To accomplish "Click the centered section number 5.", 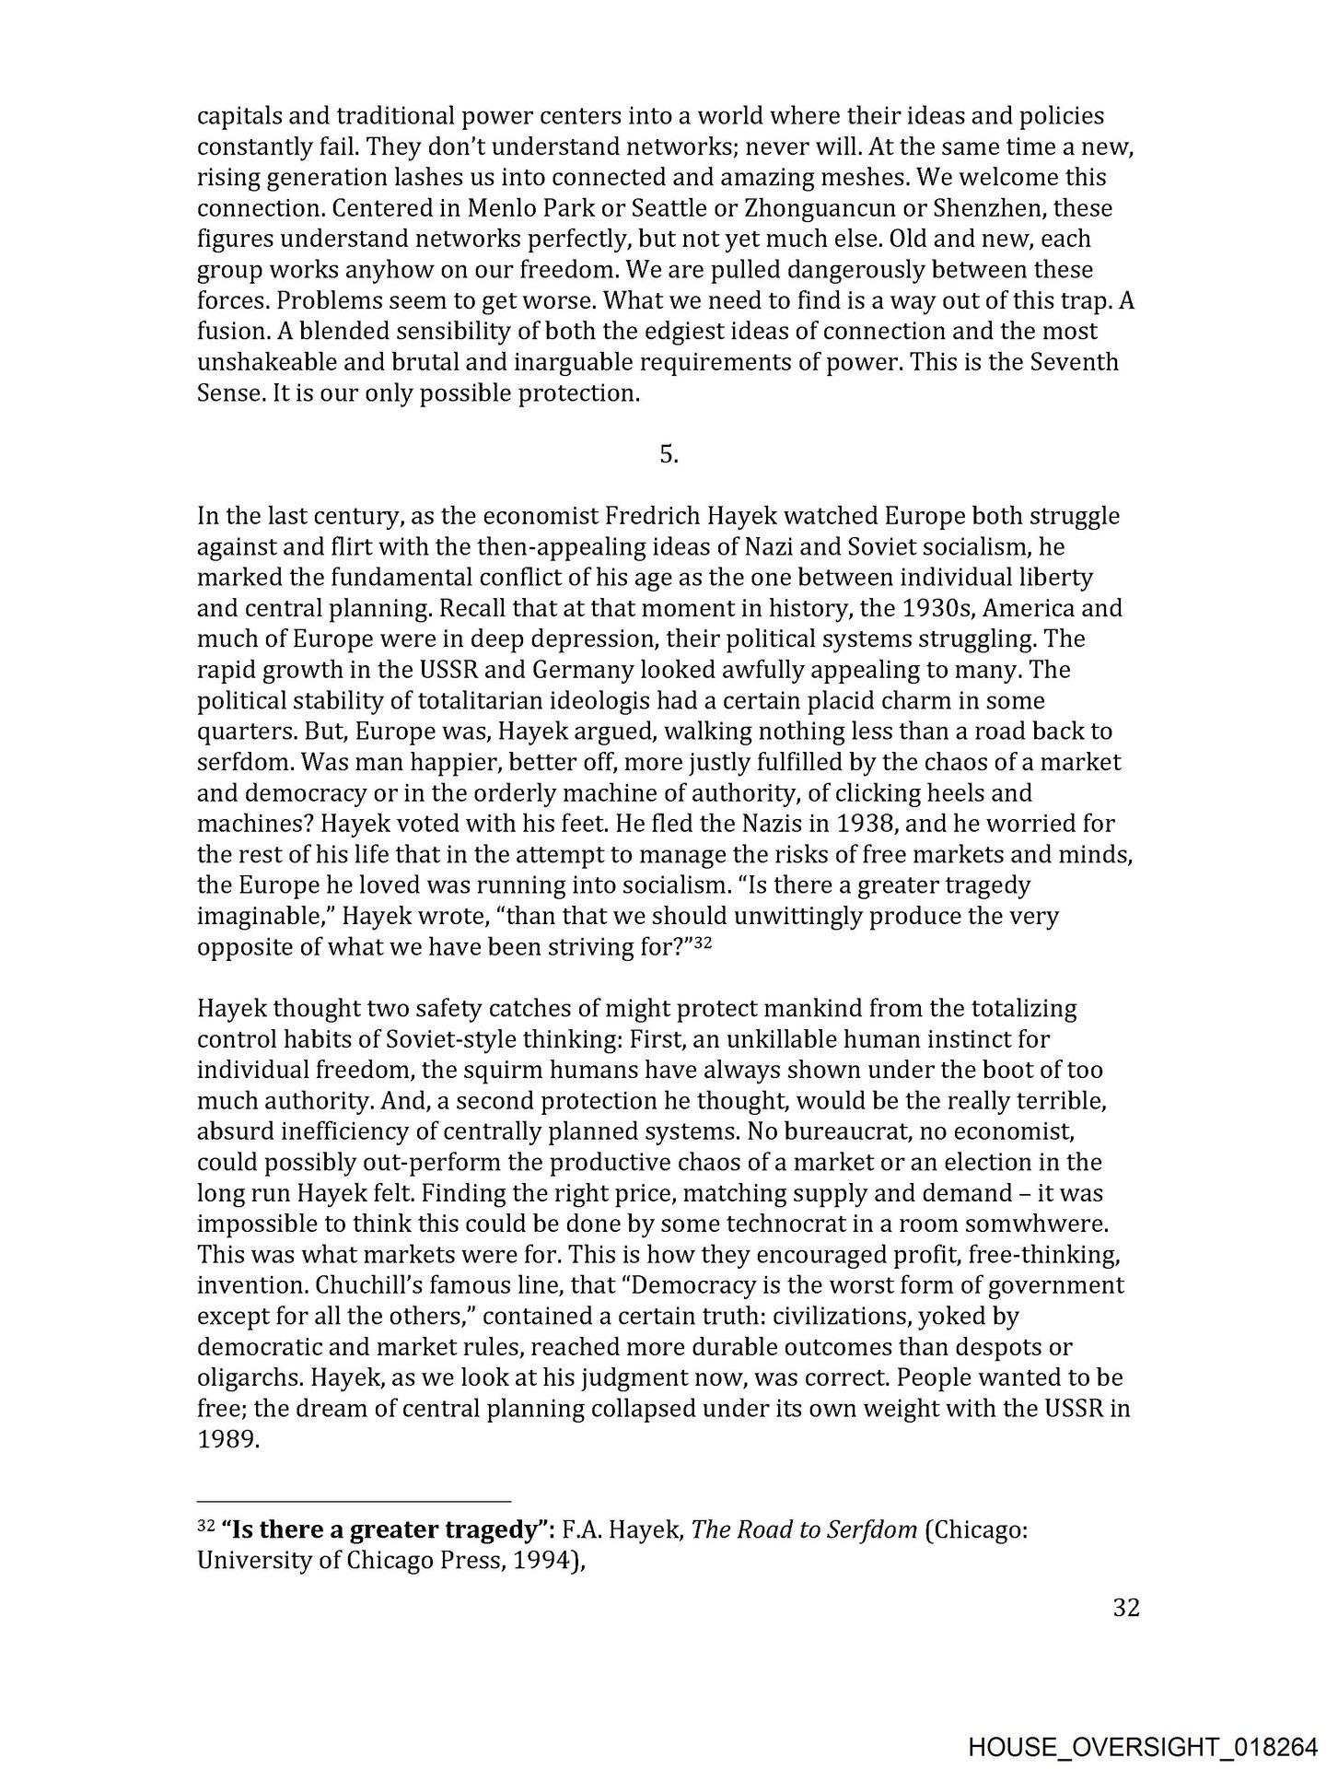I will point(669,454).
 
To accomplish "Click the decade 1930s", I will point(931,608).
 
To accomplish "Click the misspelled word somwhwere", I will point(1041,1224).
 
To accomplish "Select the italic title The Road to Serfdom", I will point(804,1530).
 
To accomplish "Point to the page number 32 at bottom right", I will point(1126,1608).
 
